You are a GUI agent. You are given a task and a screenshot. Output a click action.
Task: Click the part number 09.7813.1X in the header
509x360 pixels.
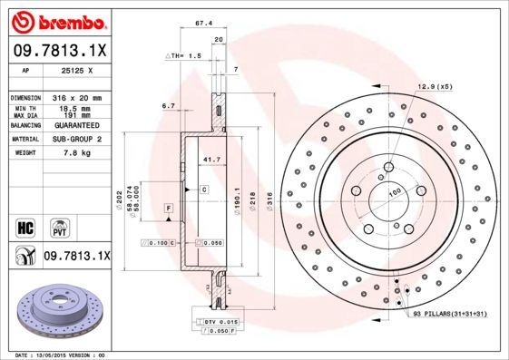click(x=59, y=51)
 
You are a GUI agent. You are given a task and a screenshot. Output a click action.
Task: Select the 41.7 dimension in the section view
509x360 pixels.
click(x=212, y=160)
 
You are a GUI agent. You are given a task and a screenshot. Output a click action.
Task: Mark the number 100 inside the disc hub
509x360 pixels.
click(x=396, y=191)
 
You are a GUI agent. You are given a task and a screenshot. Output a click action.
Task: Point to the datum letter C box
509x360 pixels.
click(x=204, y=189)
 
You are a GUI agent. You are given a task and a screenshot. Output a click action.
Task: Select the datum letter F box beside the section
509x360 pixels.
click(x=169, y=209)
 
